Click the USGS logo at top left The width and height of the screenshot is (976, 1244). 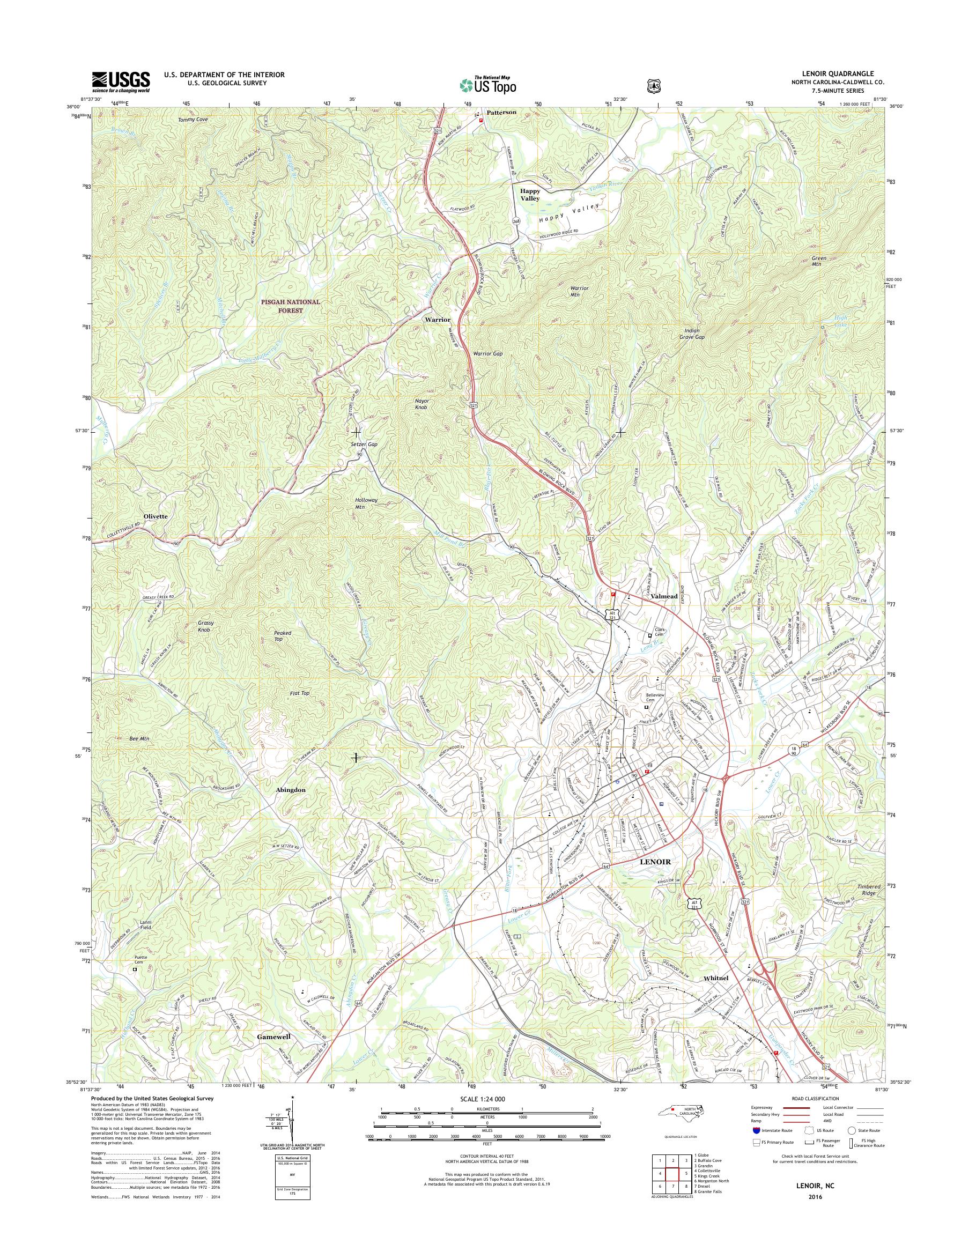tap(121, 82)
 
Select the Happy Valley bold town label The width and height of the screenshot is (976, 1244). tap(529, 194)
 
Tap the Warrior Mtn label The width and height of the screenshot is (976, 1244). tap(579, 292)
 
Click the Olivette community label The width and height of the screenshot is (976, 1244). tap(156, 516)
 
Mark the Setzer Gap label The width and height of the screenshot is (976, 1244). tap(364, 444)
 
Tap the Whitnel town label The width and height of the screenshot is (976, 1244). tap(716, 978)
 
